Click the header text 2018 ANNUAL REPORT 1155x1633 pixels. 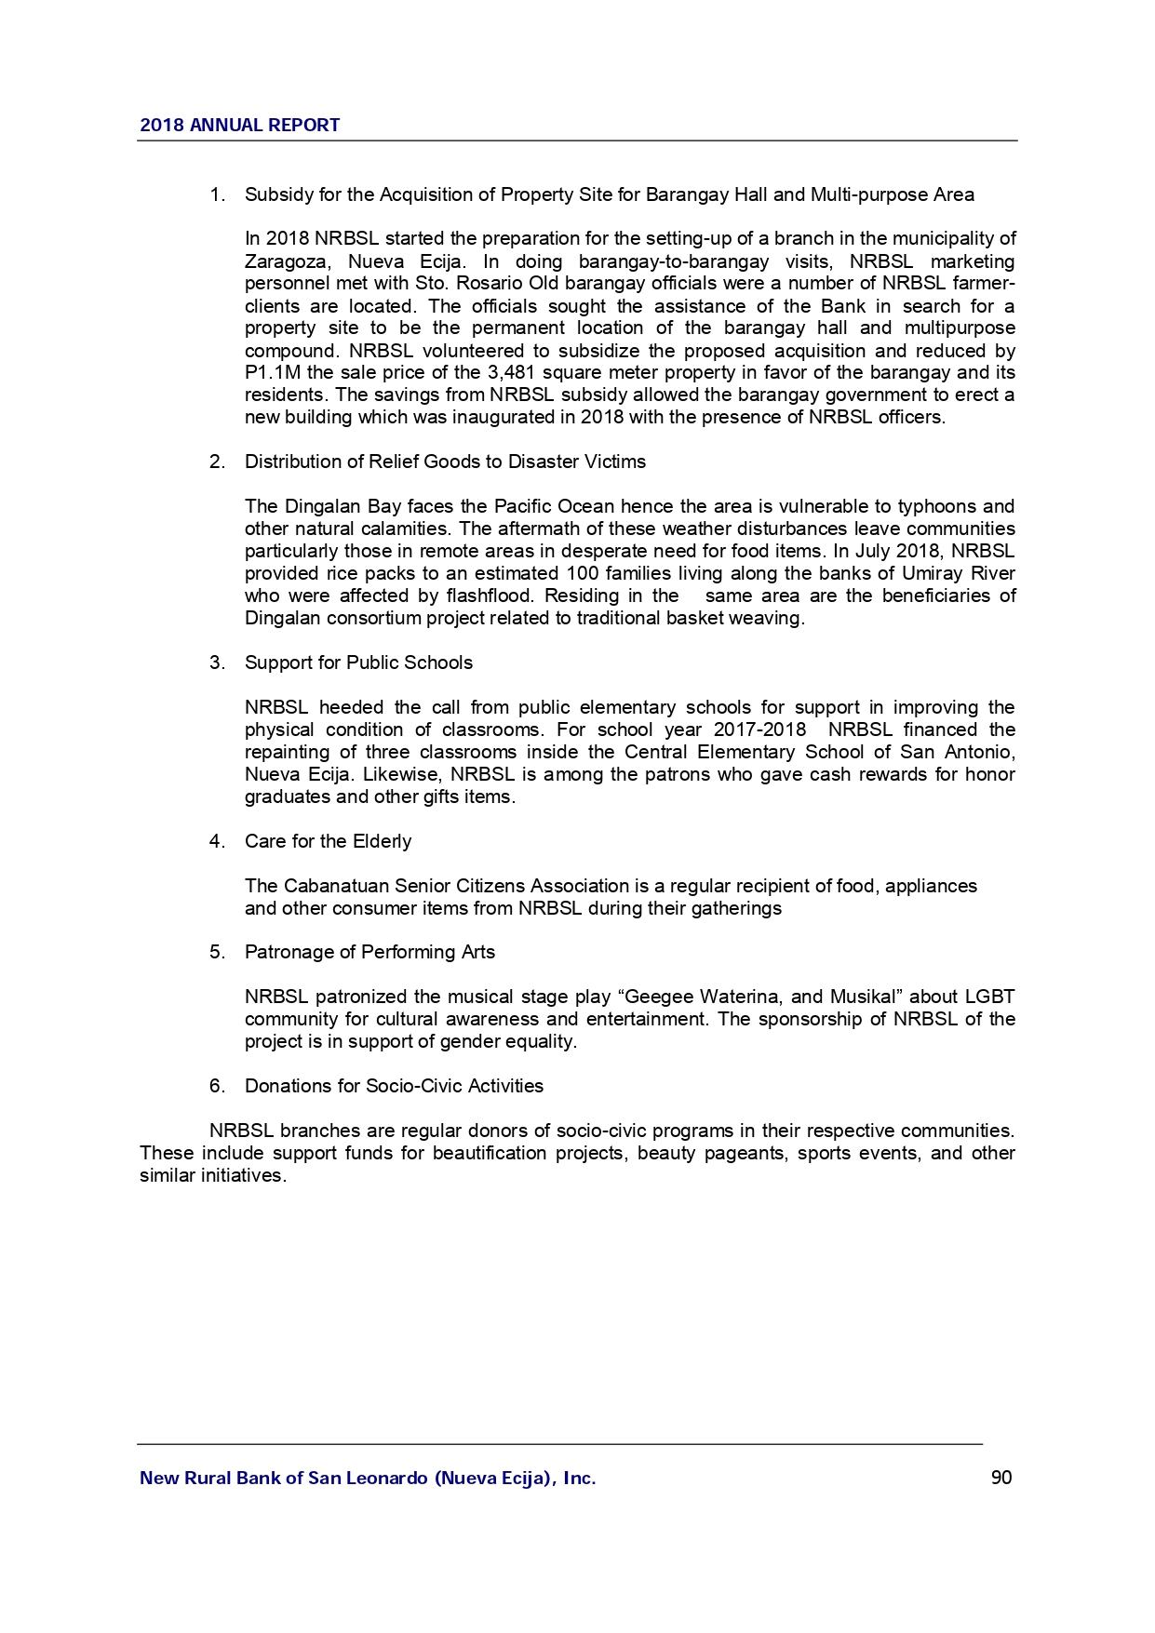[x=239, y=126]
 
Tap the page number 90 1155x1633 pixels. [x=1001, y=1478]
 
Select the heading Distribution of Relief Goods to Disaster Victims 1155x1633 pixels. [x=445, y=462]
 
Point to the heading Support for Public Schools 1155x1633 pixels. [x=358, y=663]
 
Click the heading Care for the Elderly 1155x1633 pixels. [x=328, y=841]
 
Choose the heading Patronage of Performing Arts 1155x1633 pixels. [x=369, y=952]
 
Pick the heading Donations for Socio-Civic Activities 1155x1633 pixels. [x=394, y=1086]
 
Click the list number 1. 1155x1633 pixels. [x=216, y=195]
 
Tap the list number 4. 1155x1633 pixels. [x=216, y=841]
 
